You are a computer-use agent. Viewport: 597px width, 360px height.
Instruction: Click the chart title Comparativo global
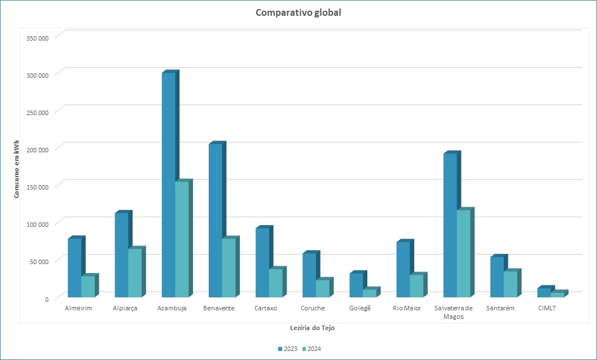click(x=298, y=12)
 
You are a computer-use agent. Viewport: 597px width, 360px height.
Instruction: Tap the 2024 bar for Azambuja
click(x=182, y=239)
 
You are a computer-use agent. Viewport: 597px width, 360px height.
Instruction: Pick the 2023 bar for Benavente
click(x=215, y=221)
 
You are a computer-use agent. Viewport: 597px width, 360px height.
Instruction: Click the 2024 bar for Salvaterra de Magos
click(x=463, y=253)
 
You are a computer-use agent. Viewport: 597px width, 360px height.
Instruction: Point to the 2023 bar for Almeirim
click(x=74, y=267)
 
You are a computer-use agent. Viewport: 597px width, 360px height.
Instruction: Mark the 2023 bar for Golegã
click(x=356, y=285)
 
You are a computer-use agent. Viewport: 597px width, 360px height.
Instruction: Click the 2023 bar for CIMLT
click(x=544, y=292)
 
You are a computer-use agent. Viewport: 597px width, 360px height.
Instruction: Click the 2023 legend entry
click(x=288, y=349)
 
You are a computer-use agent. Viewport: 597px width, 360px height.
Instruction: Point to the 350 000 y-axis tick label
click(x=38, y=38)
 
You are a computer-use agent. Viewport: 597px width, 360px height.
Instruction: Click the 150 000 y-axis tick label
click(x=38, y=187)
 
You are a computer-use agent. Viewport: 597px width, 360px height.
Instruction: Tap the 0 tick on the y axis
click(x=47, y=298)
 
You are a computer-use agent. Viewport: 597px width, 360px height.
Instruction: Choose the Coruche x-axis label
click(x=312, y=308)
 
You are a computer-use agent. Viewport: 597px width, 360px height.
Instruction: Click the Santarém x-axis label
click(x=500, y=308)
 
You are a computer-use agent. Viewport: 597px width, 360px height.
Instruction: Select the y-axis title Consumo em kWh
click(x=17, y=168)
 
